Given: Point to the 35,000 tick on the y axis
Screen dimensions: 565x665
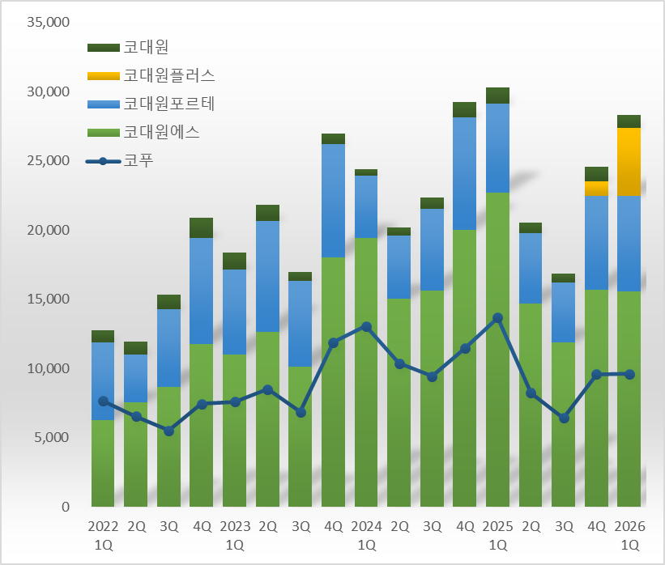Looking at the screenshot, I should pos(49,22).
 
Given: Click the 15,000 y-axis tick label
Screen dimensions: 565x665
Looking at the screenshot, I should pos(49,299).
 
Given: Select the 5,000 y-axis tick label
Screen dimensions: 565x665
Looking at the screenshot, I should pos(52,438).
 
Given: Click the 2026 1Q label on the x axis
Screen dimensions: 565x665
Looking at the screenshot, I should pos(629,535).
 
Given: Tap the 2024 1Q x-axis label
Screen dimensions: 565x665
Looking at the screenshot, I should pos(366,535).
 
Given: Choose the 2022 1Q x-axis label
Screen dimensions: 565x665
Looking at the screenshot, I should pos(103,535).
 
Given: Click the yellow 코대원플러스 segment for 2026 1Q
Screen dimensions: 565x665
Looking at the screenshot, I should pos(629,162).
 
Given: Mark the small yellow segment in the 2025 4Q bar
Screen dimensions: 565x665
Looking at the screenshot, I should pos(596,188).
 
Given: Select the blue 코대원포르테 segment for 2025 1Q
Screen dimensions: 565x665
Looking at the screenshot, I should pos(497,147).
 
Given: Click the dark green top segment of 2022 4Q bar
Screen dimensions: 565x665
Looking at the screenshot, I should pos(202,227).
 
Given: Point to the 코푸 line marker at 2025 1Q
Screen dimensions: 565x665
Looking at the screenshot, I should pos(497,318).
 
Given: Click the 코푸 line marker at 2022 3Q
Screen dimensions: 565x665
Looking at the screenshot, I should pos(168,431).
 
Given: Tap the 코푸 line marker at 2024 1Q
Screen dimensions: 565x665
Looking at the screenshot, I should pos(366,326).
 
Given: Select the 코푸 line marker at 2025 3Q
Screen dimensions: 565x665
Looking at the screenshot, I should pos(564,418).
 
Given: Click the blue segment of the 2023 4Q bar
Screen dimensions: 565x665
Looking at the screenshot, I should pos(333,201).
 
